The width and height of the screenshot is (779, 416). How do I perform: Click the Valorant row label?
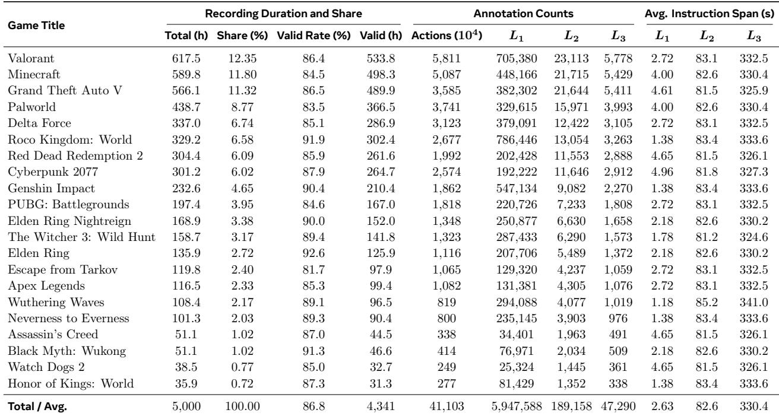(31, 58)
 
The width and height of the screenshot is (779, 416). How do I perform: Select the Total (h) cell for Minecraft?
(186, 74)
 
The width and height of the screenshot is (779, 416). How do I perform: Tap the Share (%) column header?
(242, 36)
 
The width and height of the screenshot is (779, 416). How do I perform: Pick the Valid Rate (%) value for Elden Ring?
(313, 253)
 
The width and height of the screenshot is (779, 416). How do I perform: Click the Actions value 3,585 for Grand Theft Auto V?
(446, 90)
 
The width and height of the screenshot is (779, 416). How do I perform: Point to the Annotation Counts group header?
(524, 14)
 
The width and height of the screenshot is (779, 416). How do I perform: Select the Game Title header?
(36, 26)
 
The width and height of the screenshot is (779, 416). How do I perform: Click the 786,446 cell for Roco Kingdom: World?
(517, 139)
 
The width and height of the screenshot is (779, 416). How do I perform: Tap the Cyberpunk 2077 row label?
(53, 172)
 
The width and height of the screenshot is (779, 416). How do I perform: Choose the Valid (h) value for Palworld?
(381, 107)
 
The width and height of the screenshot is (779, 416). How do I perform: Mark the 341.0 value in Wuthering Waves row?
(753, 302)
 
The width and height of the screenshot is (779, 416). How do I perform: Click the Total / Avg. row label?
(37, 407)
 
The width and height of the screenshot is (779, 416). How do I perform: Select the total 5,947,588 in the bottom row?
(517, 407)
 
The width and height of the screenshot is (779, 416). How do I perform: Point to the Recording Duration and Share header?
(283, 14)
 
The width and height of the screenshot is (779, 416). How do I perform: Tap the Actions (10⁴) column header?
(446, 35)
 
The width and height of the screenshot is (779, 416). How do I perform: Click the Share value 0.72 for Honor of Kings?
(242, 383)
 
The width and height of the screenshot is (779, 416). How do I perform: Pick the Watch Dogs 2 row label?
(46, 367)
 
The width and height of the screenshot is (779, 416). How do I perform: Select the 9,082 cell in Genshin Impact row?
(571, 188)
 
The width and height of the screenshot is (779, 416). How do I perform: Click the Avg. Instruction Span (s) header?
(710, 14)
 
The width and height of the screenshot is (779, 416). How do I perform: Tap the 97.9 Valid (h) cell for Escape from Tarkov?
(381, 269)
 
